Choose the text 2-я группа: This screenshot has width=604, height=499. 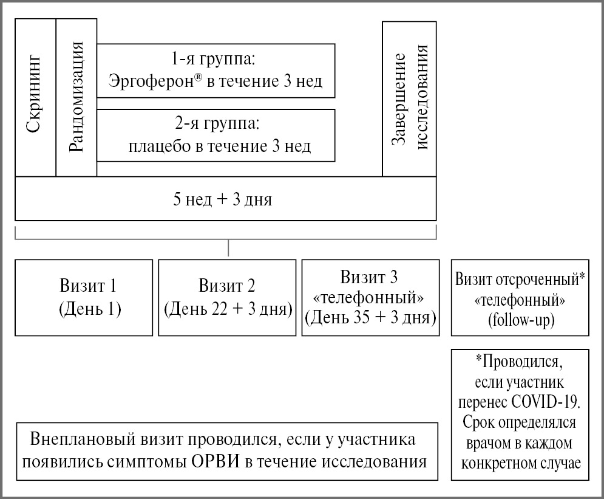point(215,126)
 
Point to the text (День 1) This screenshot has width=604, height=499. point(90,309)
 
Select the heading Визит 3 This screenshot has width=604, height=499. point(369,278)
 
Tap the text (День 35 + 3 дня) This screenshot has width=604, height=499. point(370,317)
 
